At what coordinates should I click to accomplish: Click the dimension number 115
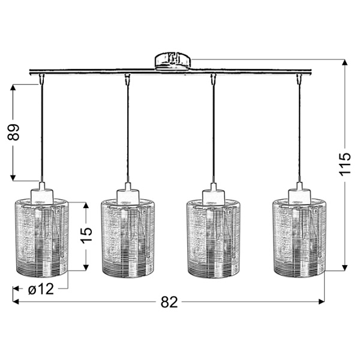[344, 164]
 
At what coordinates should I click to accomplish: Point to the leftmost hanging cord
[41, 132]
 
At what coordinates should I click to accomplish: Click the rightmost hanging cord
[299, 132]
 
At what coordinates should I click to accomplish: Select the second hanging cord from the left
[128, 132]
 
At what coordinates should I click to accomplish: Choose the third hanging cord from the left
[214, 132]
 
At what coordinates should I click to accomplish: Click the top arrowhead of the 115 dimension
[344, 62]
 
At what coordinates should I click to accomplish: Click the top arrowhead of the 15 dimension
[86, 205]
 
